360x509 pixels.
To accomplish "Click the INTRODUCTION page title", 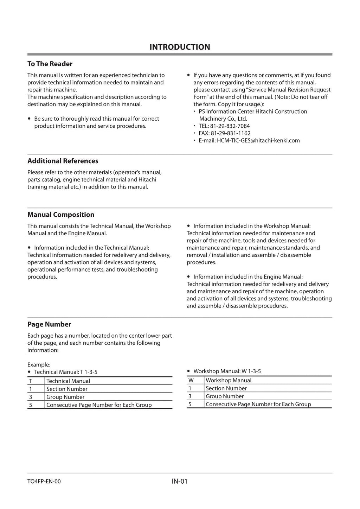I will click(180, 47).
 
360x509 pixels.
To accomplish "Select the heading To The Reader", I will click(50, 64).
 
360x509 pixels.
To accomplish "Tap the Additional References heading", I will click(63, 161).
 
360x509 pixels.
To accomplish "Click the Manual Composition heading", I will click(61, 215).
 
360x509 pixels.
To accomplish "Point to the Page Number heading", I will click(49, 324).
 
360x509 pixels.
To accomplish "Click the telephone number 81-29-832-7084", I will click(230, 126).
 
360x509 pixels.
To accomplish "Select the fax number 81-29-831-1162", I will click(231, 133).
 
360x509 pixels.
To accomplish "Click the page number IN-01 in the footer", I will click(180, 481).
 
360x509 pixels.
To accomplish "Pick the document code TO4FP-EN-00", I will click(44, 482).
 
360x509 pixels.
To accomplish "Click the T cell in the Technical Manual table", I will click(31, 381).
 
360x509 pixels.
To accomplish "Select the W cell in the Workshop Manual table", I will click(191, 380).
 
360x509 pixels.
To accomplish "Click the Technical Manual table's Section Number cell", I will click(67, 389).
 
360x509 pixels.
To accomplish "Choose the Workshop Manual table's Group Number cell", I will click(225, 396).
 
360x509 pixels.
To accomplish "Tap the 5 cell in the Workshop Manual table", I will click(190, 405).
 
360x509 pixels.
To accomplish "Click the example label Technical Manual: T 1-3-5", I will click(66, 372).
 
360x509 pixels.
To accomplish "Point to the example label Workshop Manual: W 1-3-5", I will click(227, 371).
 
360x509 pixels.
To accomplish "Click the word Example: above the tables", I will click(39, 365).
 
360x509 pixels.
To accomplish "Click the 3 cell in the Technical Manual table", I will click(31, 397).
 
